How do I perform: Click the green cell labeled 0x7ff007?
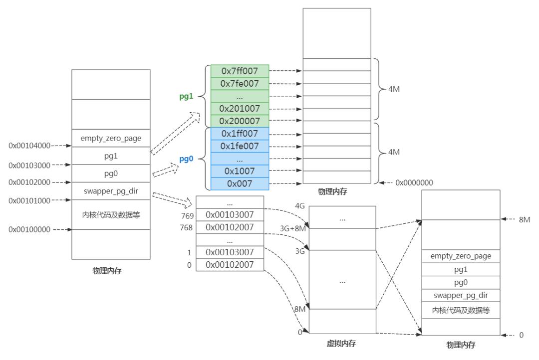240,71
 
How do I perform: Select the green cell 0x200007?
240,121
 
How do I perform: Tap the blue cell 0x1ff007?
240,134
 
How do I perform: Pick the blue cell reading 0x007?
240,183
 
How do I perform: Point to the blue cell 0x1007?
240,171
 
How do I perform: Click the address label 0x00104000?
29,146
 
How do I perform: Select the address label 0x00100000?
29,229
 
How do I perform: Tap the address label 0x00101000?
29,200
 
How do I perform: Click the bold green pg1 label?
187,96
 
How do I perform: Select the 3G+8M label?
293,228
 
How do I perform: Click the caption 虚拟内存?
342,343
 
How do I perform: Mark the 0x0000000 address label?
414,183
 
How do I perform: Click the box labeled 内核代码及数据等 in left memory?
110,215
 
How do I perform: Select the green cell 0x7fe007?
240,84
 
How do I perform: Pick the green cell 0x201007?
240,109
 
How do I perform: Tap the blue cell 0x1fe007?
240,146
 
